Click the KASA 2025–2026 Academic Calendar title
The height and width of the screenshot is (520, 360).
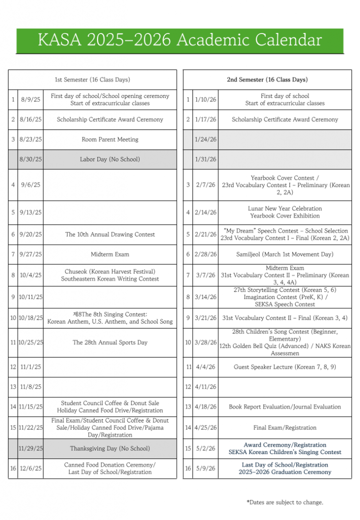180,40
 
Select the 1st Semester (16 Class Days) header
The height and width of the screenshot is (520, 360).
92,80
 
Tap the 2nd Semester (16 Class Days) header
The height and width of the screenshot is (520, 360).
267,80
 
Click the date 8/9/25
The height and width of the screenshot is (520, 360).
30,100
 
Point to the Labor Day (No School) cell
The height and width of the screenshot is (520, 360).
110,159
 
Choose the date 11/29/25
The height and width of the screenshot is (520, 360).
30,448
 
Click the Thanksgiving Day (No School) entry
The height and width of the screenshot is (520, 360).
110,448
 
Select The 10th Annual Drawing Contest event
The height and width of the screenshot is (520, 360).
110,235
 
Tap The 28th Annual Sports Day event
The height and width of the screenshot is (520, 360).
110,343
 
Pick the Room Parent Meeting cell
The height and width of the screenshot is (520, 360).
110,140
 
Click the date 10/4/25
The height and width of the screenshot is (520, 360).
30,275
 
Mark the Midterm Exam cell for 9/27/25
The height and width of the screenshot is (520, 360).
110,254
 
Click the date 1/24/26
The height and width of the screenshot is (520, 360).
206,140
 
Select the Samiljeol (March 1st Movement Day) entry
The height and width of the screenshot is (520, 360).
284,254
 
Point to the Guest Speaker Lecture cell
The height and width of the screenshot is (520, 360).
284,367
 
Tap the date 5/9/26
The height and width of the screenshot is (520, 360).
206,469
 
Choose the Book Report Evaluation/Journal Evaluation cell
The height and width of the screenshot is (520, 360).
284,407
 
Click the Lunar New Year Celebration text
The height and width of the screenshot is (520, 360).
284,209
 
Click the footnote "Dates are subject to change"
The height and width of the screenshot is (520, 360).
285,502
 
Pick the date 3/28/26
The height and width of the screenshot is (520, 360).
206,343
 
